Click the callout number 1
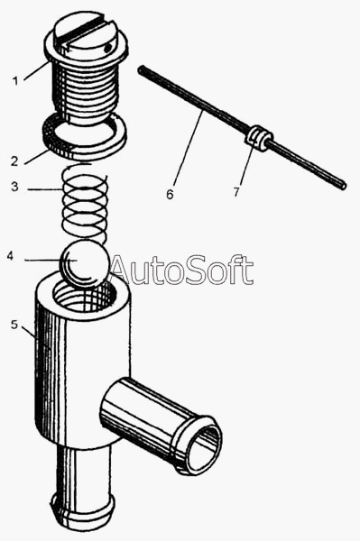pyautogui.click(x=15, y=81)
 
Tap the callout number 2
pyautogui.click(x=14, y=161)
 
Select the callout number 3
pyautogui.click(x=14, y=187)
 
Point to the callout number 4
pyautogui.click(x=10, y=256)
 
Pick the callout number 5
pyautogui.click(x=14, y=325)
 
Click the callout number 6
pyautogui.click(x=170, y=195)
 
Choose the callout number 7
pyautogui.click(x=236, y=192)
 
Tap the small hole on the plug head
pyautogui.click(x=108, y=48)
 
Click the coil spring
pyautogui.click(x=85, y=204)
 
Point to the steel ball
pyautogui.click(x=85, y=264)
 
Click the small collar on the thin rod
pyautogui.click(x=258, y=138)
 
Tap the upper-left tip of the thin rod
pyautogui.click(x=140, y=69)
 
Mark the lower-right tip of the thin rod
pyautogui.click(x=343, y=186)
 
